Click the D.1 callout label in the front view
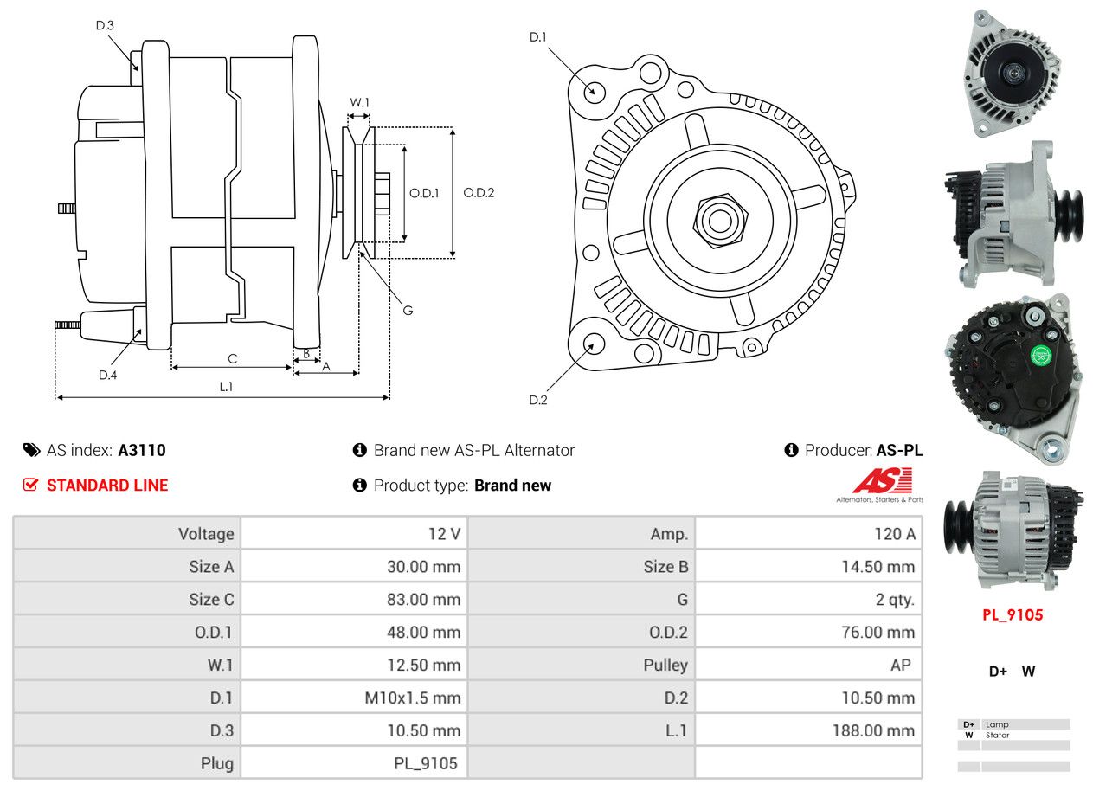click(x=538, y=37)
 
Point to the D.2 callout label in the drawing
click(x=538, y=400)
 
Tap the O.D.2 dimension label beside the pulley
click(x=479, y=193)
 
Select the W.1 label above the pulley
click(x=359, y=103)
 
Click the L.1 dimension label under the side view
click(x=226, y=387)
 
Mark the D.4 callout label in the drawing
click(x=107, y=375)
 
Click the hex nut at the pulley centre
click(x=718, y=220)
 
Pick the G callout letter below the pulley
click(x=408, y=309)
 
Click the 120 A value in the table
click(x=894, y=534)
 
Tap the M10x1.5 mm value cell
click(x=413, y=698)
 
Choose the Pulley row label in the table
click(x=665, y=665)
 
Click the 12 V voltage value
click(x=444, y=534)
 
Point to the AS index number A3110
click(x=142, y=450)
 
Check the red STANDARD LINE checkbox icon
click(x=31, y=485)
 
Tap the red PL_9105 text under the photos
click(x=1013, y=615)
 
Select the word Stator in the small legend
click(x=997, y=736)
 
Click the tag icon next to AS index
click(x=31, y=450)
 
